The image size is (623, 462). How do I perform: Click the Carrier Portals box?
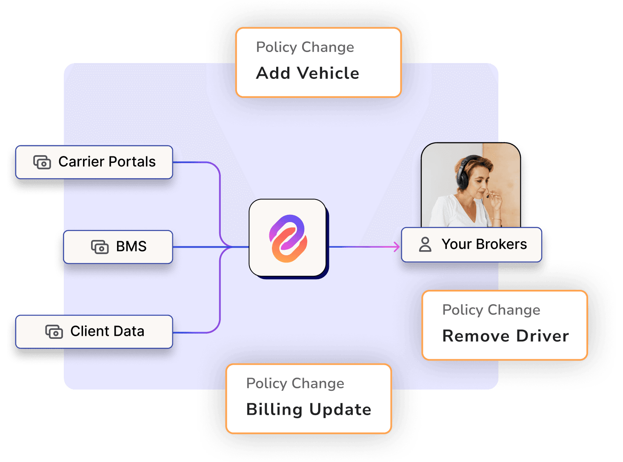point(94,162)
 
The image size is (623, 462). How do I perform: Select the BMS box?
point(118,247)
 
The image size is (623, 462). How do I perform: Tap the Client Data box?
point(94,332)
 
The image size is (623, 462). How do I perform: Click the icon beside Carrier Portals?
point(42,162)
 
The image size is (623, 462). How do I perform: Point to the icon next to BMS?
point(100,247)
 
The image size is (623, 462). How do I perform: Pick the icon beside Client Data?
point(54,332)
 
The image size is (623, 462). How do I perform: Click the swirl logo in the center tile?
point(288,238)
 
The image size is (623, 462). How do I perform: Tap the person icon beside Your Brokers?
point(425,245)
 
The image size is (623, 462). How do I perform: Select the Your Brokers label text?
point(484,244)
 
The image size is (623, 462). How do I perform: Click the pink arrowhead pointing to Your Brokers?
point(397,246)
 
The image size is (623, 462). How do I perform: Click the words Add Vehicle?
point(308,73)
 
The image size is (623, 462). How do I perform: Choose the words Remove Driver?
point(506,336)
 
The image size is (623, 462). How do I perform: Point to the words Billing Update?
point(309,410)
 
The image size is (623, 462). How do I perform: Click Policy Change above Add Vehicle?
point(305,47)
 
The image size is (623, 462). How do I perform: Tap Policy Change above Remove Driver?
point(491,310)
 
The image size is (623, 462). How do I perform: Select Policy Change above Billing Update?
point(295,384)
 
